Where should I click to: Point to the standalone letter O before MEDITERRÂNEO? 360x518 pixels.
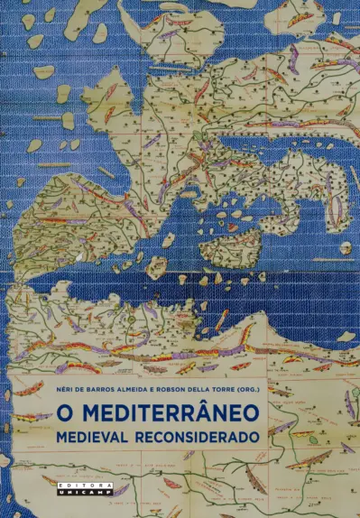coord(64,412)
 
